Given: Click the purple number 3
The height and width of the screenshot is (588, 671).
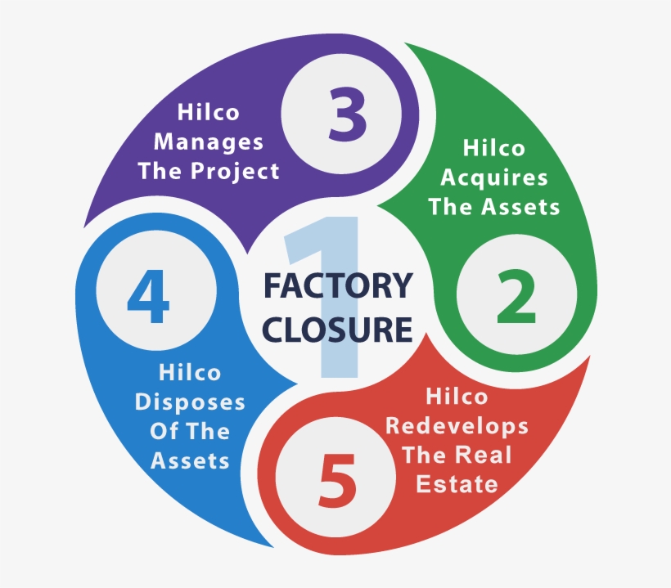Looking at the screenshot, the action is tap(348, 114).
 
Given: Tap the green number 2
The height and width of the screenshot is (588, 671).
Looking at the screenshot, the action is tap(516, 296).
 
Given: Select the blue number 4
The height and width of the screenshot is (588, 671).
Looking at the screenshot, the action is tap(148, 296).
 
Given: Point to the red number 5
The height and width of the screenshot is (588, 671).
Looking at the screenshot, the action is tap(337, 481).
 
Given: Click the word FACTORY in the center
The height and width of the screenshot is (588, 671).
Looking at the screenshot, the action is tap(338, 285).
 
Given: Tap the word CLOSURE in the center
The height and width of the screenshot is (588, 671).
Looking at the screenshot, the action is tap(337, 330).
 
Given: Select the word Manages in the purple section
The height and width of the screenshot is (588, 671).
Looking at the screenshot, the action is tap(209, 142).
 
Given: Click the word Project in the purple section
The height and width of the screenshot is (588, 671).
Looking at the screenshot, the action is tap(235, 172).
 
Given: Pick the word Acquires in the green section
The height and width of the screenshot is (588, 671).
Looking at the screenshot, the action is tap(494, 178).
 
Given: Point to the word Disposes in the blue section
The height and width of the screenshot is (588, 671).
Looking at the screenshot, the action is tap(190, 403).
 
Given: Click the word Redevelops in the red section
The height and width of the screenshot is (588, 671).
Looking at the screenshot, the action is tap(457, 426).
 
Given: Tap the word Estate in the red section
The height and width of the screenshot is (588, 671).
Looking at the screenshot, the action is tap(457, 484).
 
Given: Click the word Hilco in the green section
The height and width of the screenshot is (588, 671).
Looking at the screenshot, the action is tap(493, 148).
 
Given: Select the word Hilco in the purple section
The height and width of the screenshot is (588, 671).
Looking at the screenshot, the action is tap(209, 113).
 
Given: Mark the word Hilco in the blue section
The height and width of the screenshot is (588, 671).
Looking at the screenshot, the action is tap(190, 373).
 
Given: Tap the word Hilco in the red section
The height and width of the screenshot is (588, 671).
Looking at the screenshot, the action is tap(457, 397).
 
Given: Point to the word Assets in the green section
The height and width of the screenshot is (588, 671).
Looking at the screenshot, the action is tap(520, 207).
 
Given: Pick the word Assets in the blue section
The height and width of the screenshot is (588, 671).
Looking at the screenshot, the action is tap(190, 461).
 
